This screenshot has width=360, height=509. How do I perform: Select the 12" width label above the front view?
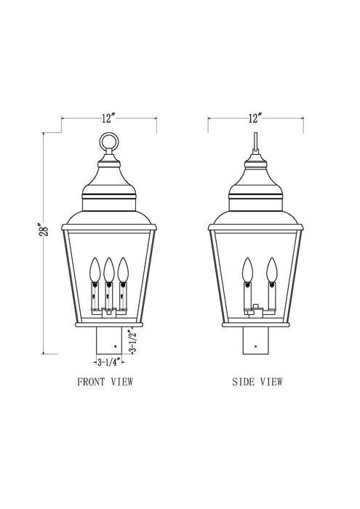click(108, 116)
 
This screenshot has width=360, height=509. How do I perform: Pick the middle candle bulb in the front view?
click(108, 268)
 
